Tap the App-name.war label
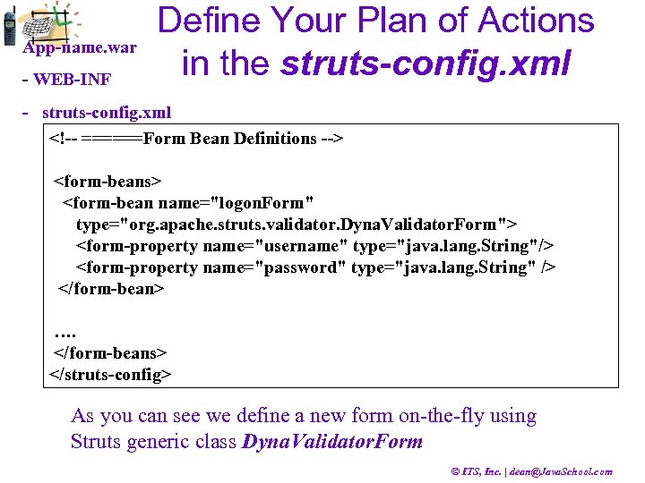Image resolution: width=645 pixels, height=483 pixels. (x=80, y=47)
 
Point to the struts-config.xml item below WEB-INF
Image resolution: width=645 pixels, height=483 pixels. (x=106, y=113)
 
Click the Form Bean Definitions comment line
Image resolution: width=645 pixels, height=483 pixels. (x=197, y=139)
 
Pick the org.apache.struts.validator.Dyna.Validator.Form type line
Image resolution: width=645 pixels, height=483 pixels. (x=296, y=225)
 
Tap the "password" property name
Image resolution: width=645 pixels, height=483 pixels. (x=300, y=267)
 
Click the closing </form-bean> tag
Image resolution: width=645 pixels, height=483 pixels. (x=111, y=289)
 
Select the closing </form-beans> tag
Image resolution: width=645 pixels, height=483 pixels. (x=110, y=353)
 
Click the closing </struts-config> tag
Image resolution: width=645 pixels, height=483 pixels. (x=109, y=374)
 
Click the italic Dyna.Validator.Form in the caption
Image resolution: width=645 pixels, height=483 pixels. (x=332, y=442)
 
